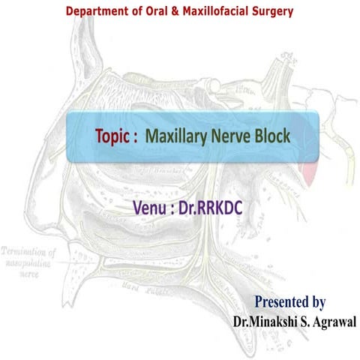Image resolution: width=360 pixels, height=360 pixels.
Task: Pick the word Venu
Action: (x=148, y=205)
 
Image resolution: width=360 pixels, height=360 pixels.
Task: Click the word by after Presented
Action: (x=318, y=303)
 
